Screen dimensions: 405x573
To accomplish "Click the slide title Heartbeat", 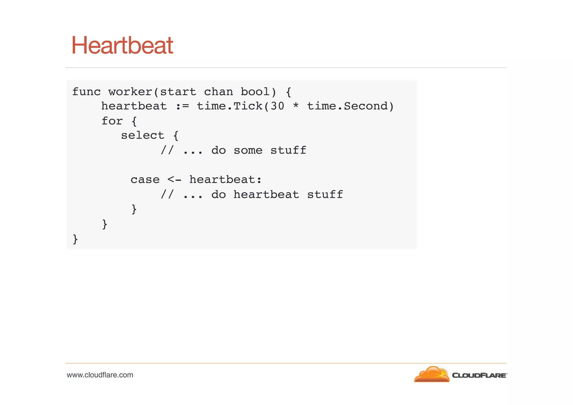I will tap(122, 45).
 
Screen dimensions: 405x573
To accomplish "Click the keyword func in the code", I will tap(86, 92).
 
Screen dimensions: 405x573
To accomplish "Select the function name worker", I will tap(130, 92).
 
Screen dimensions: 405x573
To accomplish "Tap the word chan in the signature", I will tap(218, 92).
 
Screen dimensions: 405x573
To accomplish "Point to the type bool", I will tap(255, 92).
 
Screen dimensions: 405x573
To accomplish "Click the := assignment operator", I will tap(182, 106).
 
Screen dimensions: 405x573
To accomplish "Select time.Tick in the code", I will tap(229, 106).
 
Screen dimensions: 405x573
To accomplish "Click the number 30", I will tap(277, 106).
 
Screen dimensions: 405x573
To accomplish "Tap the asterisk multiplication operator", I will tap(296, 106).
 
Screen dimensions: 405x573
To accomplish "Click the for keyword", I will tap(112, 121).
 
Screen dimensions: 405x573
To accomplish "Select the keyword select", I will tap(142, 136).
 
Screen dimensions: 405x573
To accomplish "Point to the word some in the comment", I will tap(248, 151).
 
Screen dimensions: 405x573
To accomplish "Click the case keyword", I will tap(145, 180).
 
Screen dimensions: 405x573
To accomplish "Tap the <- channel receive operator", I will tap(174, 180).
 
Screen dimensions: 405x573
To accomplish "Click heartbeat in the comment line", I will tap(266, 195).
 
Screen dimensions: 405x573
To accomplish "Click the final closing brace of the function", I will tap(75, 239).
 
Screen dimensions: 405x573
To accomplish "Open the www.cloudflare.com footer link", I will tap(100, 375).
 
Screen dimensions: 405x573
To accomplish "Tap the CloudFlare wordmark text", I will tap(479, 375).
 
